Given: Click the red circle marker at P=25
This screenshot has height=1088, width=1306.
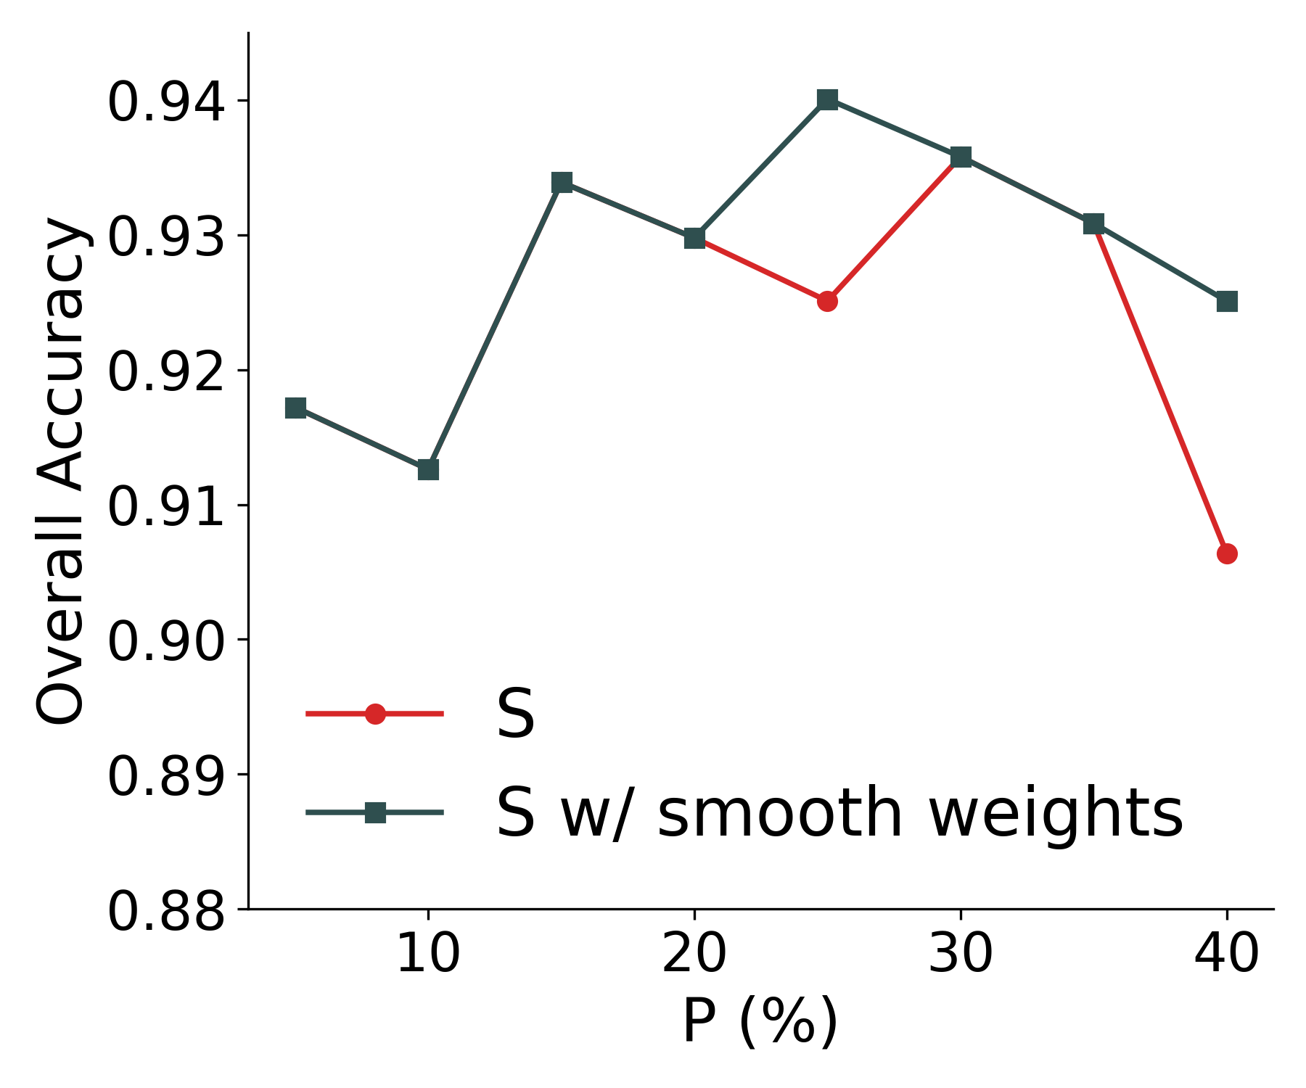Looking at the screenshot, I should point(827,301).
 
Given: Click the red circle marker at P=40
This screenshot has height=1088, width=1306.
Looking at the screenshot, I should point(1227,554).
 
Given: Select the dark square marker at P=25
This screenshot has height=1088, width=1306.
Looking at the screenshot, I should point(827,99).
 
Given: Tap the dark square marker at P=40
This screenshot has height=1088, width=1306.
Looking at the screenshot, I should point(1227,301).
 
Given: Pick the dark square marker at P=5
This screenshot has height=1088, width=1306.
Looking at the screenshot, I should point(295,408).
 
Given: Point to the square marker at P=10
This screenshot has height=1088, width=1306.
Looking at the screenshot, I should point(428,470).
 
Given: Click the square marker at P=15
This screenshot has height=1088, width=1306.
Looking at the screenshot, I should point(562,182).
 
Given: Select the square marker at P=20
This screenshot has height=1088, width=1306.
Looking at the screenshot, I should point(694,238).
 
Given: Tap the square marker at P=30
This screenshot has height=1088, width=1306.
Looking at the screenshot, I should point(961,157).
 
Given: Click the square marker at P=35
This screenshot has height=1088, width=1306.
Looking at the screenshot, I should point(1093,223).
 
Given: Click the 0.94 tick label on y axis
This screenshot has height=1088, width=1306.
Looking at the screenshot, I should point(166,102).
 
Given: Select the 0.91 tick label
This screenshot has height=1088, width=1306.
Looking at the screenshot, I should point(166,507).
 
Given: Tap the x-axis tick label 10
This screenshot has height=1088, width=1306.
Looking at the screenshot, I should point(428,953).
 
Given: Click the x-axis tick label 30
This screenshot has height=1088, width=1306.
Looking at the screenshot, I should point(961,953).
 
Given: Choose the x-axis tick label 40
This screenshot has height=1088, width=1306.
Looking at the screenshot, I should point(1227,953).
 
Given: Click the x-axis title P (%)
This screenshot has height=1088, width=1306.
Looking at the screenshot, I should point(760,1021).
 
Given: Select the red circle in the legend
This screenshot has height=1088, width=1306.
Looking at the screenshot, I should point(375,714).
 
